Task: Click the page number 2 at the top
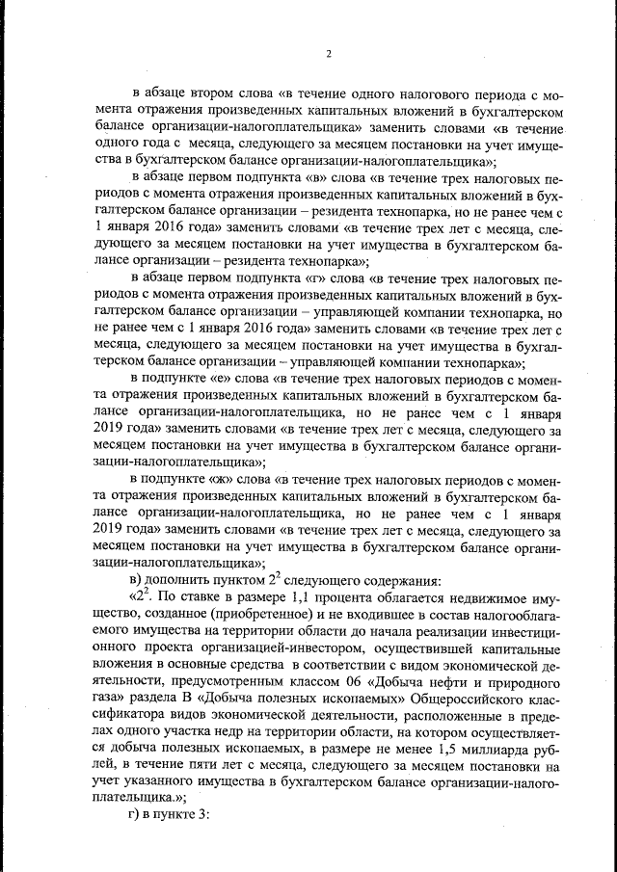click(329, 53)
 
